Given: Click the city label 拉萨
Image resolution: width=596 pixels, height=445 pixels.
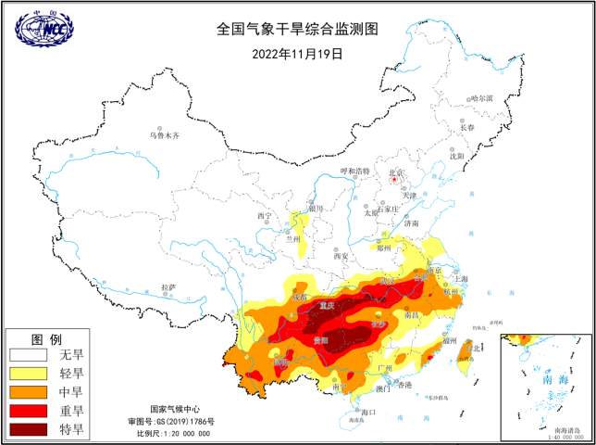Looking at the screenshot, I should [x=168, y=287].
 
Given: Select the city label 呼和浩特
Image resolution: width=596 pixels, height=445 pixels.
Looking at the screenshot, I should [x=354, y=172].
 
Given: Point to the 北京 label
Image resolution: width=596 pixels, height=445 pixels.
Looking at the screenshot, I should [x=396, y=172].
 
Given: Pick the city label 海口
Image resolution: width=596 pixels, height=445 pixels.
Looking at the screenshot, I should [x=368, y=411].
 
